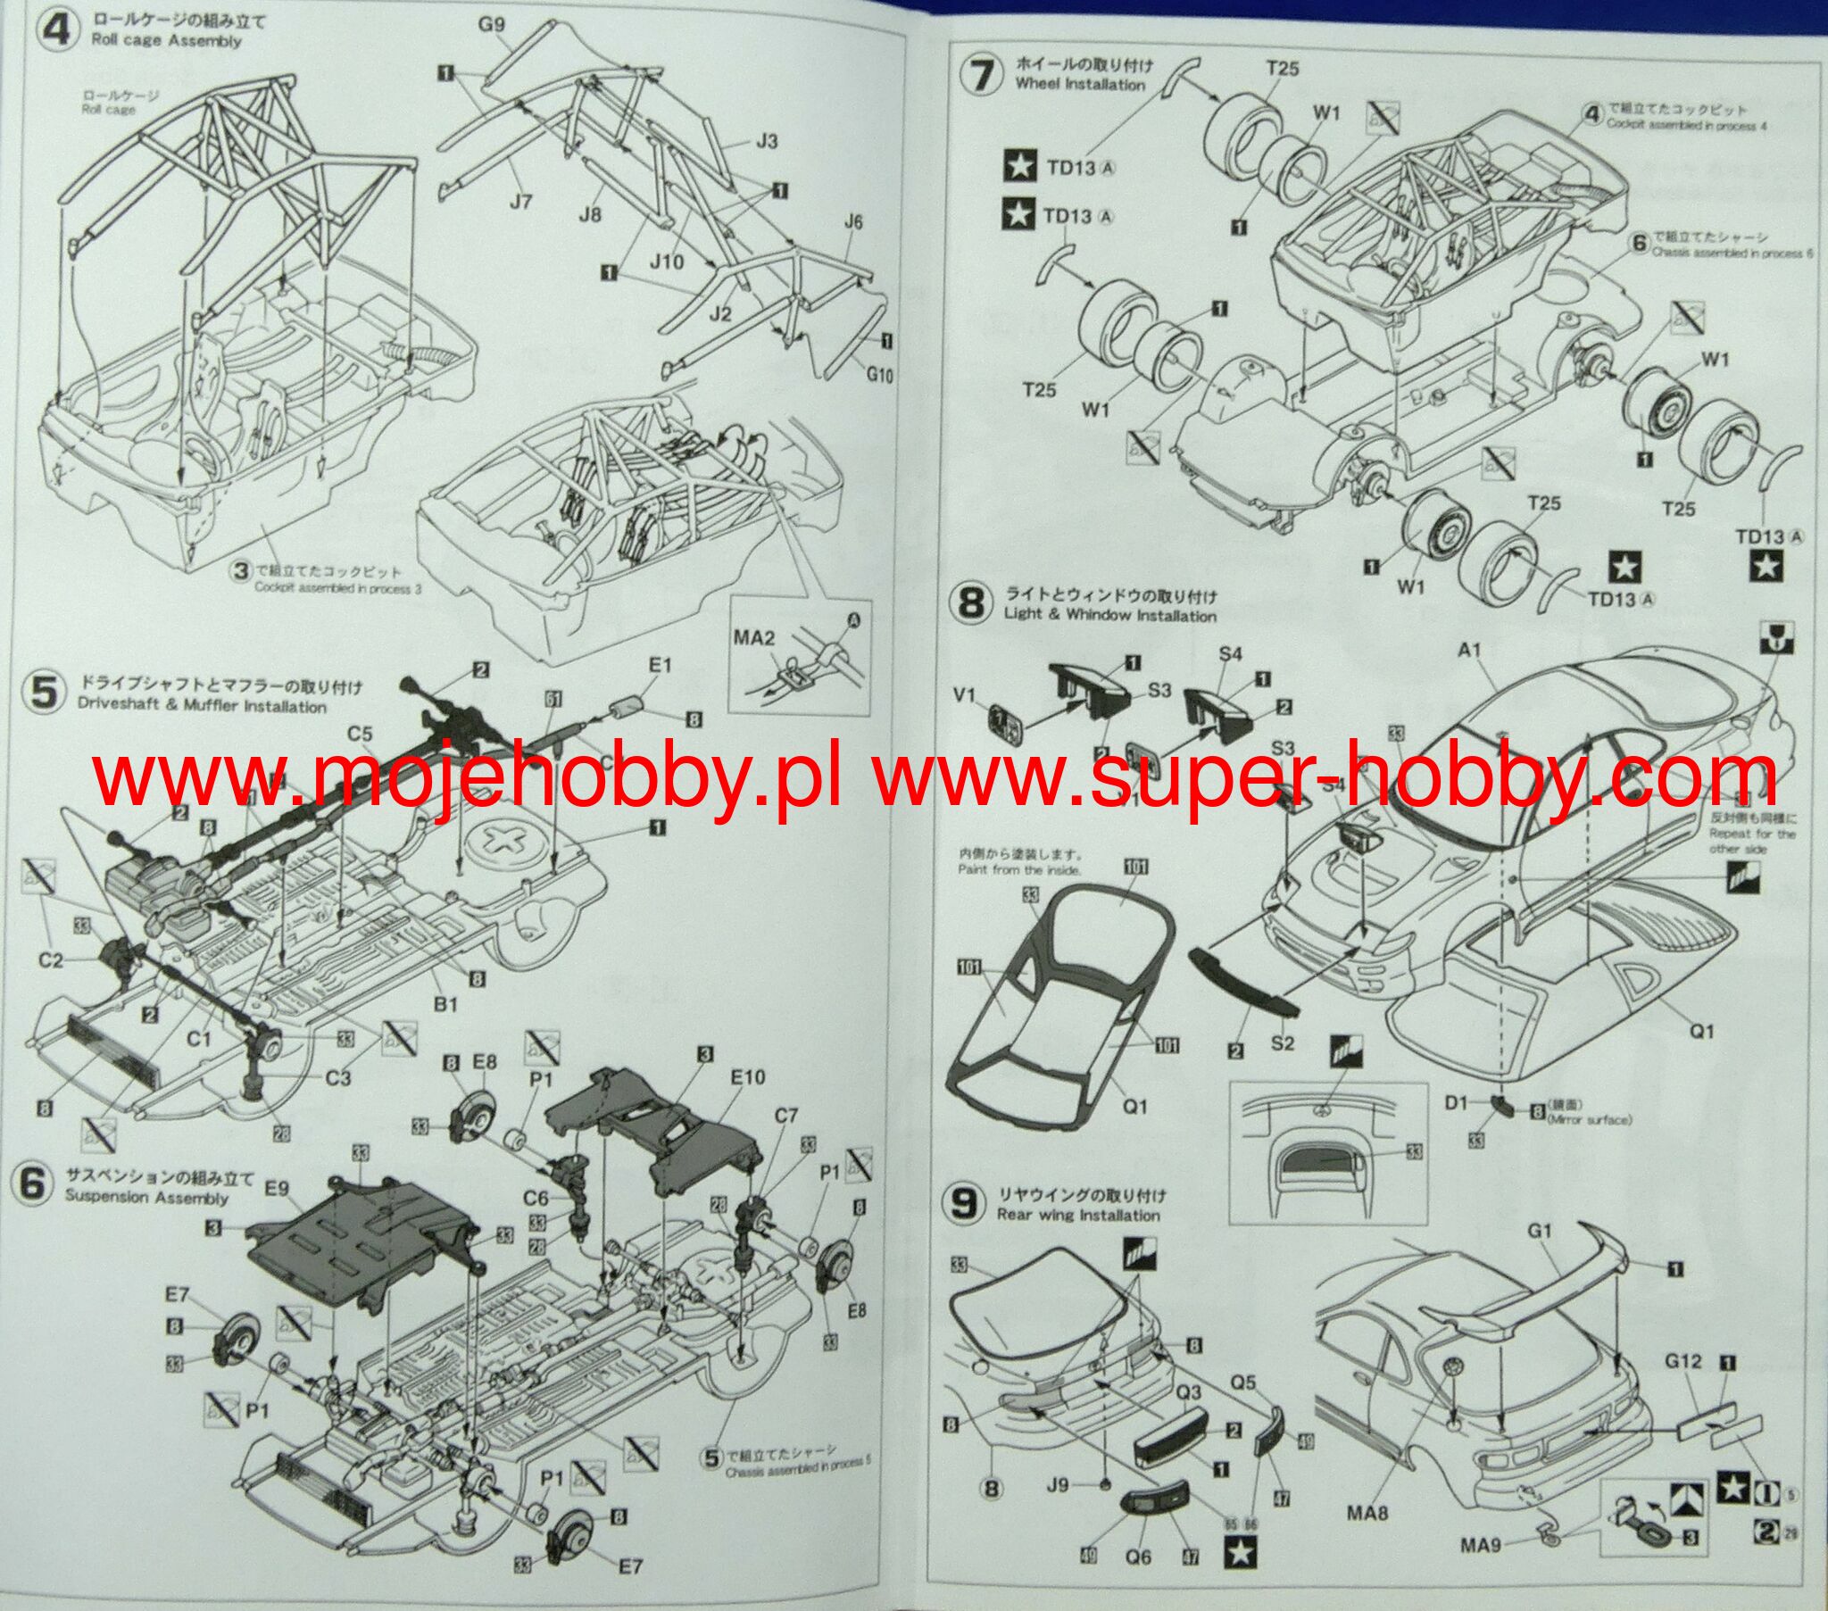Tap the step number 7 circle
click(x=981, y=73)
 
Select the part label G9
click(x=491, y=24)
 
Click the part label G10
click(x=879, y=375)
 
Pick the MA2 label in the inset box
click(x=753, y=637)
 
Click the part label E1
click(x=659, y=665)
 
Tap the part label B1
click(x=445, y=1003)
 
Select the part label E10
click(x=748, y=1076)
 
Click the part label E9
click(x=277, y=1189)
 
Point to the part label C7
click(x=785, y=1115)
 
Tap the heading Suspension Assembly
click(x=146, y=1198)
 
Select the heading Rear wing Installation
click(x=1077, y=1215)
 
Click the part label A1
click(x=1469, y=650)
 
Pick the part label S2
click(x=1283, y=1042)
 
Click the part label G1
click(x=1539, y=1231)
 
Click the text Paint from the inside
click(x=1019, y=868)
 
